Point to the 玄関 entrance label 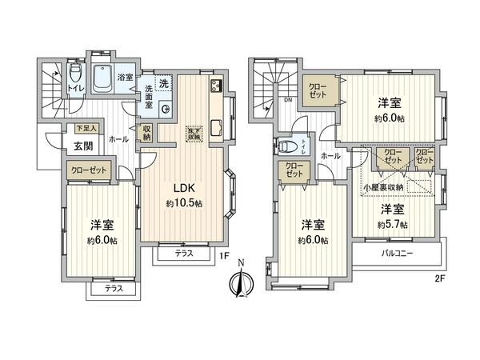point(84,146)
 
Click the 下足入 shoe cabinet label point(86,128)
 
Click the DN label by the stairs point(286,101)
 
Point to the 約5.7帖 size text point(392,224)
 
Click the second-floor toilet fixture point(289,146)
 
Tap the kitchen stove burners point(216,86)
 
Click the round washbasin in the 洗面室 point(166,110)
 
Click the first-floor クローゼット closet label point(86,170)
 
